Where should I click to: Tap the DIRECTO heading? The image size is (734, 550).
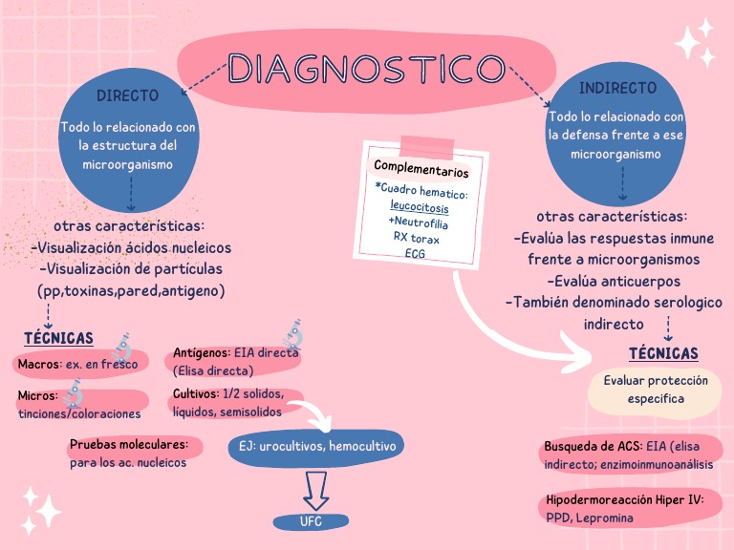(x=127, y=95)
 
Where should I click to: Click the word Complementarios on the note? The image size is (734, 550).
(x=421, y=169)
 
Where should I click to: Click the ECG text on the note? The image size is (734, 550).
(x=415, y=253)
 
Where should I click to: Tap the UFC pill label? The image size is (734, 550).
(x=312, y=521)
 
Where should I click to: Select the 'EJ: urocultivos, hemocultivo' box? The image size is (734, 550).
(x=316, y=447)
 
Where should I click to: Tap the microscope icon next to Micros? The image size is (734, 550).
(x=74, y=391)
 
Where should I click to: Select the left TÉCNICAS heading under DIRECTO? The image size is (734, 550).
(x=59, y=338)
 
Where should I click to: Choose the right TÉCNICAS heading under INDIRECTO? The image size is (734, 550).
(x=663, y=353)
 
